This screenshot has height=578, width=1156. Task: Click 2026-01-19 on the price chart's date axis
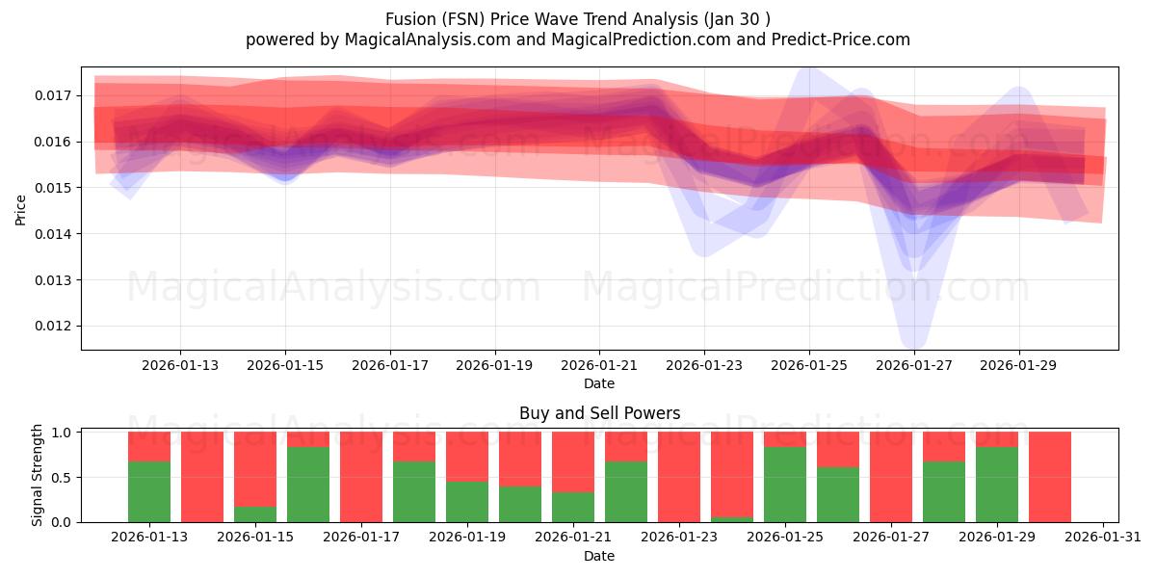click(494, 365)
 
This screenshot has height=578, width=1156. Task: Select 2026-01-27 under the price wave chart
click(914, 365)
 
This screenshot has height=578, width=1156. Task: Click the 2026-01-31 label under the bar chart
click(1100, 538)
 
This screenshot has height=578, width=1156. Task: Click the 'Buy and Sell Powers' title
click(599, 413)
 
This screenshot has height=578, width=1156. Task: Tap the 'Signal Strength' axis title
click(38, 475)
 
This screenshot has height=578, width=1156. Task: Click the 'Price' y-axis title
click(21, 208)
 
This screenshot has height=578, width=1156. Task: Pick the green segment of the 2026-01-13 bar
click(149, 491)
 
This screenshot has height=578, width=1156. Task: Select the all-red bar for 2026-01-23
click(679, 477)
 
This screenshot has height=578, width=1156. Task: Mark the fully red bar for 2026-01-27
click(891, 477)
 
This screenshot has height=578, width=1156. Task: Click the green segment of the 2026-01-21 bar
click(573, 507)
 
